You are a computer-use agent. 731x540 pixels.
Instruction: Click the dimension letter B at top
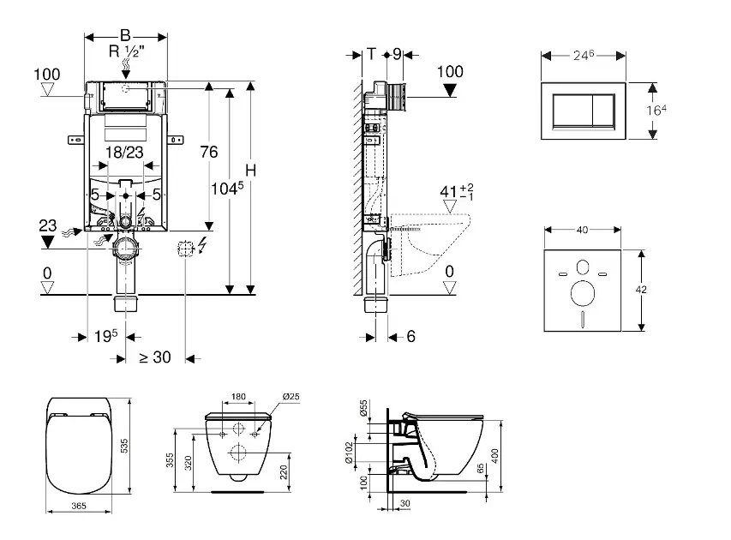[125, 35]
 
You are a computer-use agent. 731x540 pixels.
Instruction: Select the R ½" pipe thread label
[125, 51]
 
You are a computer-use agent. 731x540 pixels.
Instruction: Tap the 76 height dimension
[208, 152]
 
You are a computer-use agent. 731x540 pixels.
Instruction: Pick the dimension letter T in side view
[371, 53]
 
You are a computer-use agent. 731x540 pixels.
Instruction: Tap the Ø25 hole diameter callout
[291, 396]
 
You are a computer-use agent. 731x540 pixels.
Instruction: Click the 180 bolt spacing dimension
[240, 396]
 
